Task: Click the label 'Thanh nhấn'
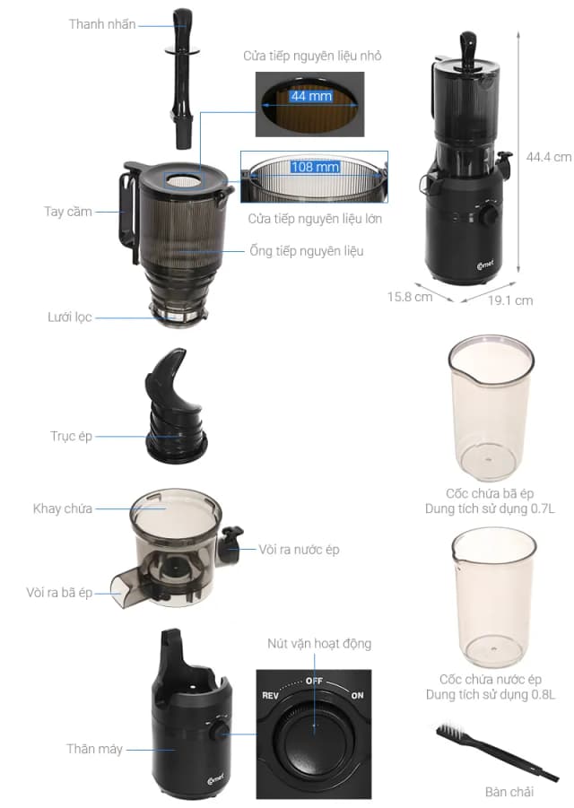(102, 24)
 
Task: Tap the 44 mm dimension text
(309, 96)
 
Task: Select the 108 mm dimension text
(315, 167)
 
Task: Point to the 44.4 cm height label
(549, 156)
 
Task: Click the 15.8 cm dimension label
(410, 296)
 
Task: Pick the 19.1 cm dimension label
(510, 300)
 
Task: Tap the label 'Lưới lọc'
(69, 317)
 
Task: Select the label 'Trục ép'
(71, 437)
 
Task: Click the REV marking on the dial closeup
(272, 696)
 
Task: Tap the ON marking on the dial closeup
(357, 696)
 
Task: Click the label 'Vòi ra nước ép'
(299, 549)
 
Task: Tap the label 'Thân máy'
(94, 749)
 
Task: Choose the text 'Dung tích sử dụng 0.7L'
(491, 508)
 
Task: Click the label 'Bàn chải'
(509, 792)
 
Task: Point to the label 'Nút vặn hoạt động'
(318, 643)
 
